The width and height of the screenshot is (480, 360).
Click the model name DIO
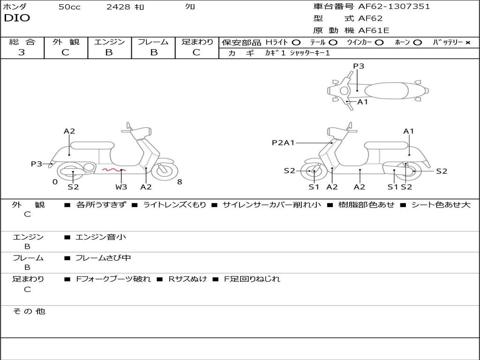17,18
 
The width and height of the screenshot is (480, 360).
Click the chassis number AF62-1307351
394,6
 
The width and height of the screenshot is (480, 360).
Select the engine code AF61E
374,30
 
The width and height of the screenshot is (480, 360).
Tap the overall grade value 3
22,52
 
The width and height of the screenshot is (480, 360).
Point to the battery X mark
468,43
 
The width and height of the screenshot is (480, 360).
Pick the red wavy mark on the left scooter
114,170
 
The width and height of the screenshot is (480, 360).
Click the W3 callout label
121,187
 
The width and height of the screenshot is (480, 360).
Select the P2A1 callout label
283,142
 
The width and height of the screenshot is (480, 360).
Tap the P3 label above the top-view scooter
359,66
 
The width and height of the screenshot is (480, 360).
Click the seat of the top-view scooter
386,91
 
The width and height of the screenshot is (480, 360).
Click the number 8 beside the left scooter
180,182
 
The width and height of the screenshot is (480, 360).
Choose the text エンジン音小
101,237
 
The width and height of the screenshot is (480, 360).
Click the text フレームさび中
103,258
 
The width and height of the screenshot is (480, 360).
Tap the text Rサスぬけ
187,279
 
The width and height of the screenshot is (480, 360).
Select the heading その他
29,311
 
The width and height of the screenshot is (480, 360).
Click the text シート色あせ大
441,204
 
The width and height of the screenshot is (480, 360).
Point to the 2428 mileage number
118,7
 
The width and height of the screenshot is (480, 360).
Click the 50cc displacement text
69,7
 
